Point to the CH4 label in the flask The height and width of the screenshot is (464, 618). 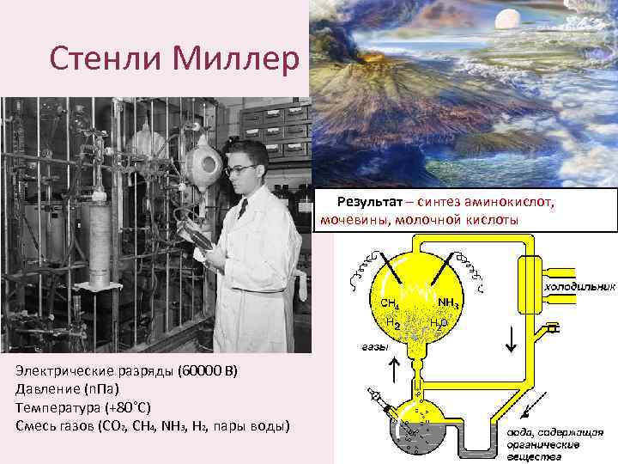(x=390, y=303)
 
